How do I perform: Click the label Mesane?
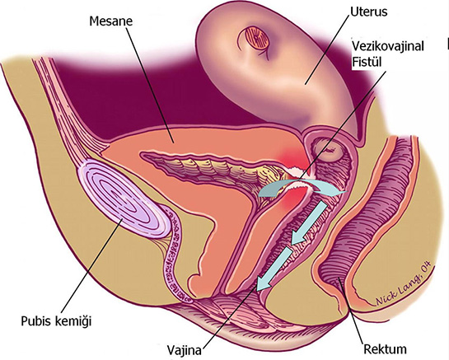(111, 21)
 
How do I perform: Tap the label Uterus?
(369, 12)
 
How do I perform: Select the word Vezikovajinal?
(388, 46)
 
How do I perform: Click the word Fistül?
(367, 61)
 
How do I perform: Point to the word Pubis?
(35, 321)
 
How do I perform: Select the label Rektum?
(385, 349)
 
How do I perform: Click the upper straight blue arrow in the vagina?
(308, 223)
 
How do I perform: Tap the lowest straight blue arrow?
(274, 269)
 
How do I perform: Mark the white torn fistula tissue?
(295, 179)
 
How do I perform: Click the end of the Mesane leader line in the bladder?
(173, 143)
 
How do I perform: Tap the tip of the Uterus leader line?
(306, 84)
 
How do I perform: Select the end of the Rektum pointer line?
(339, 278)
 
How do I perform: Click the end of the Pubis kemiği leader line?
(123, 219)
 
